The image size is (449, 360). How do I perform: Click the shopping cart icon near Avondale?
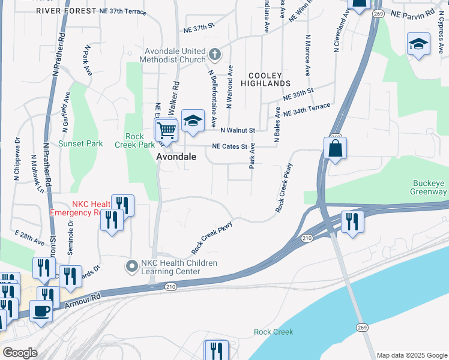[166, 130]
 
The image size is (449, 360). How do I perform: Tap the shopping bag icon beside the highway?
[336, 148]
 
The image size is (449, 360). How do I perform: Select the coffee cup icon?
[41, 311]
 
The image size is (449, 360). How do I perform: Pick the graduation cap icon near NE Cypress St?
[418, 44]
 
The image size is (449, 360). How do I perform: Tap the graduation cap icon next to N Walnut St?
[193, 120]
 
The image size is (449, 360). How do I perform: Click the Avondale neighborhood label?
[176, 156]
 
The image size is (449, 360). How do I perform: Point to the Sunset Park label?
[80, 143]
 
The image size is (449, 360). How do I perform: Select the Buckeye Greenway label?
[429, 188]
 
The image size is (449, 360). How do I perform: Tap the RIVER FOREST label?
[65, 11]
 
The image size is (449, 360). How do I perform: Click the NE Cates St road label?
[230, 146]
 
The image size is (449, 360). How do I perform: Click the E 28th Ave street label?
[30, 238]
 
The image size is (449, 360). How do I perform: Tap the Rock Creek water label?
[273, 332]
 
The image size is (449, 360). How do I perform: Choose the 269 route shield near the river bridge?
[361, 327]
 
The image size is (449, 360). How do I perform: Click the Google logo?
[20, 353]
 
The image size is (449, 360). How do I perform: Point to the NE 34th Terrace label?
[307, 109]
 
